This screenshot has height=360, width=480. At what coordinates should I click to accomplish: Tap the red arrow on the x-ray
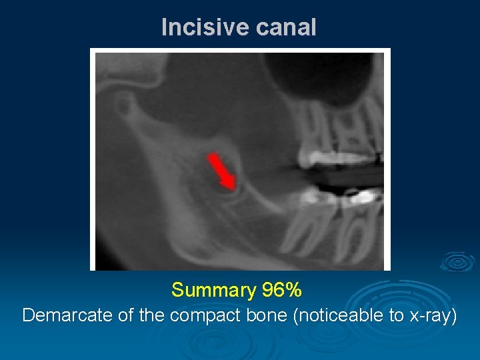pyautogui.click(x=221, y=170)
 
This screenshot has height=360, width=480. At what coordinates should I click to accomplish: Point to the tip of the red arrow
pyautogui.click(x=232, y=188)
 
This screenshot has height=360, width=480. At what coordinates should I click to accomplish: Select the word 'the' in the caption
pyautogui.click(x=152, y=315)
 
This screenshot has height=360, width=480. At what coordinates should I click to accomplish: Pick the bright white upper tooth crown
pyautogui.click(x=330, y=158)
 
